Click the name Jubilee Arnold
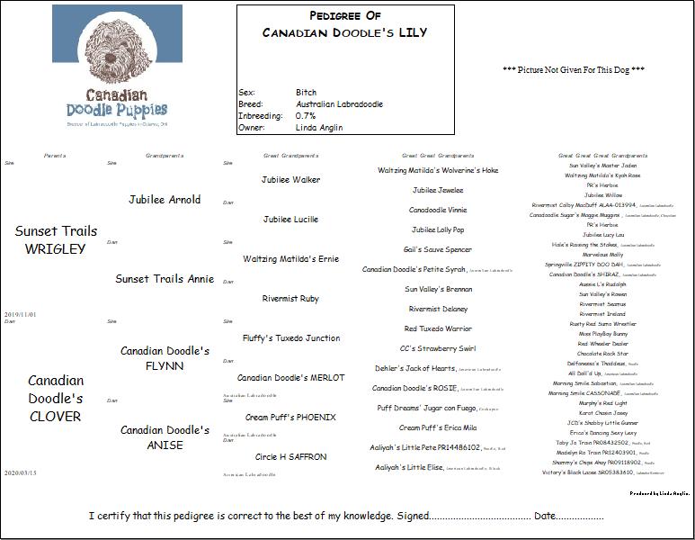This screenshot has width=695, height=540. tap(165, 199)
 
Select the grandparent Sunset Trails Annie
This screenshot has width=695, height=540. tap(165, 278)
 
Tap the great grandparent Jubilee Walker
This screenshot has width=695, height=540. tap(290, 180)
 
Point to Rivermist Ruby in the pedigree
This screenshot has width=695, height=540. tap(290, 299)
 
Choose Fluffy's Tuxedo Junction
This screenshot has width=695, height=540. tap(290, 338)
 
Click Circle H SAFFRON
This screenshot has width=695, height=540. tap(290, 457)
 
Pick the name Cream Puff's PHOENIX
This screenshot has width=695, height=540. tap(290, 418)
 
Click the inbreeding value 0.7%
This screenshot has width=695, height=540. tap(306, 116)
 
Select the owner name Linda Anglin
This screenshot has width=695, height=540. tap(318, 128)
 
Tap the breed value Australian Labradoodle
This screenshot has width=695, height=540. tap(339, 104)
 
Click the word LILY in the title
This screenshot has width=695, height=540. tap(408, 33)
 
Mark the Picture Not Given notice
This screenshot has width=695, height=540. tap(574, 70)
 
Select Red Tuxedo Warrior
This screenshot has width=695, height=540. tap(438, 329)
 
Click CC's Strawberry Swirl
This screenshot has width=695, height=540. tap(438, 349)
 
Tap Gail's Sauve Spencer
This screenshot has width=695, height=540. tap(438, 250)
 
